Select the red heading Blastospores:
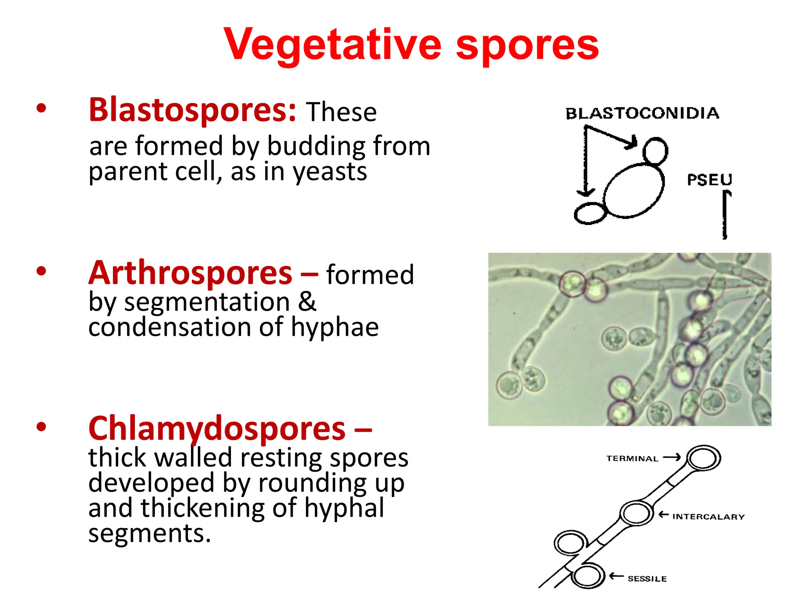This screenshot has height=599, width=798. pos(192,110)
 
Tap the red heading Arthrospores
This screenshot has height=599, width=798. pos(190,273)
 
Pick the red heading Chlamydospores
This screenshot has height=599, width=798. pos(217,428)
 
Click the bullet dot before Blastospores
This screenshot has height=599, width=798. pos(41,108)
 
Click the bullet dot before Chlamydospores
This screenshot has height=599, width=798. pos(41,427)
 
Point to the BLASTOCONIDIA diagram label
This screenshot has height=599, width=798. pos(642,113)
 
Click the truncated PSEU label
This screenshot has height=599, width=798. pos(709,180)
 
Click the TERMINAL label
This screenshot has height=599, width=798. pos(632,459)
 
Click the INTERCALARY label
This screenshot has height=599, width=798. pos(708,517)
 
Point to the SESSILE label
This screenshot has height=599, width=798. pos(647,579)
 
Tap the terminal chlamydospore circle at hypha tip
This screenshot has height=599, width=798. pos(703,458)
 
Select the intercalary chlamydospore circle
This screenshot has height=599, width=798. pos(636,513)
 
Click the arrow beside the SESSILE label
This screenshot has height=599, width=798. pos(616,576)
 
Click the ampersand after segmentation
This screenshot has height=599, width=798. pos(307,301)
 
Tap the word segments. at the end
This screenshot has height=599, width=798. pos(150,533)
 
